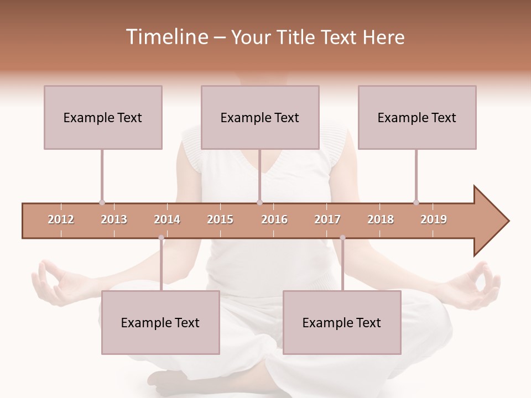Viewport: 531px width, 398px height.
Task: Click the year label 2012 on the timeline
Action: click(61, 219)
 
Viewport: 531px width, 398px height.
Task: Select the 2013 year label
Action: click(114, 219)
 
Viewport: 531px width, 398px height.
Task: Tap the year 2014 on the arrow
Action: click(167, 219)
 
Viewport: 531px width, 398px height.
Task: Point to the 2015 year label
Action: click(220, 219)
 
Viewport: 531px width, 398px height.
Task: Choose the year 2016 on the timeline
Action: click(274, 219)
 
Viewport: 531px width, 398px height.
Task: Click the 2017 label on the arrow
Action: click(327, 219)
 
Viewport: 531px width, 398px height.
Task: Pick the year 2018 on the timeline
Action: click(381, 219)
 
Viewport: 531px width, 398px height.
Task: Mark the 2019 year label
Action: click(434, 219)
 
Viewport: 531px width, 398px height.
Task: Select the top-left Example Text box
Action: click(103, 117)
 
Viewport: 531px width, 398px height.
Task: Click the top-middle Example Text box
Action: click(260, 117)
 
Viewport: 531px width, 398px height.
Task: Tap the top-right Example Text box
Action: click(417, 117)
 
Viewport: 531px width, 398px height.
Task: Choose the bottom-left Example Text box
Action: click(160, 322)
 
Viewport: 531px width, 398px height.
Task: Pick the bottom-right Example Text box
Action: click(342, 322)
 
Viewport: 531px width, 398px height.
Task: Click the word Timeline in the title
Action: click(166, 37)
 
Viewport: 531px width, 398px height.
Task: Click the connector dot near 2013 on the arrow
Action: click(102, 203)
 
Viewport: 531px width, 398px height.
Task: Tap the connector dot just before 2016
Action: click(260, 203)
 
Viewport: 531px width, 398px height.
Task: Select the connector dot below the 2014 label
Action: click(161, 238)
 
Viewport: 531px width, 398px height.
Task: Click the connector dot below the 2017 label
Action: click(342, 238)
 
